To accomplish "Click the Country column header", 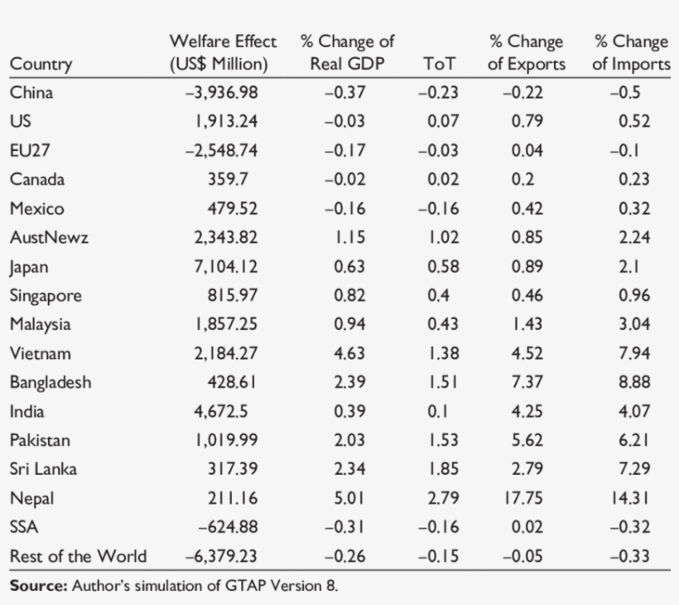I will tap(41, 64).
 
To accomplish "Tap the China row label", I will tap(31, 93).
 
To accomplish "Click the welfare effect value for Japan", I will tap(226, 267).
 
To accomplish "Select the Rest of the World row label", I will tap(78, 556).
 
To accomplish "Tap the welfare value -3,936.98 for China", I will tap(221, 93).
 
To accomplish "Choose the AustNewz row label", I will tap(49, 238).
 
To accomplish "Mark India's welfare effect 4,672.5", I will tap(225, 412).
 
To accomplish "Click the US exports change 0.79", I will tap(527, 122).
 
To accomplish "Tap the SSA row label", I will tap(23, 527).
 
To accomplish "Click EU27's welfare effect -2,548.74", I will tap(221, 151).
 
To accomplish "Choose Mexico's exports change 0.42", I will tap(527, 209).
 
